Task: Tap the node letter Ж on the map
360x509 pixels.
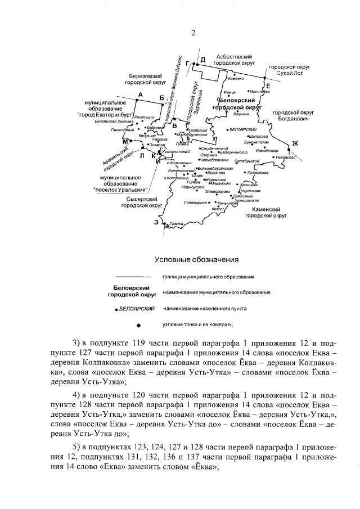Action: pyautogui.click(x=294, y=144)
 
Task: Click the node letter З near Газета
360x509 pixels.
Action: pyautogui.click(x=157, y=222)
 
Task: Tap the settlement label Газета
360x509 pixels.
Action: pyautogui.click(x=176, y=224)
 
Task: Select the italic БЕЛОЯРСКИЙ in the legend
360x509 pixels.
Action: pyautogui.click(x=137, y=309)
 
